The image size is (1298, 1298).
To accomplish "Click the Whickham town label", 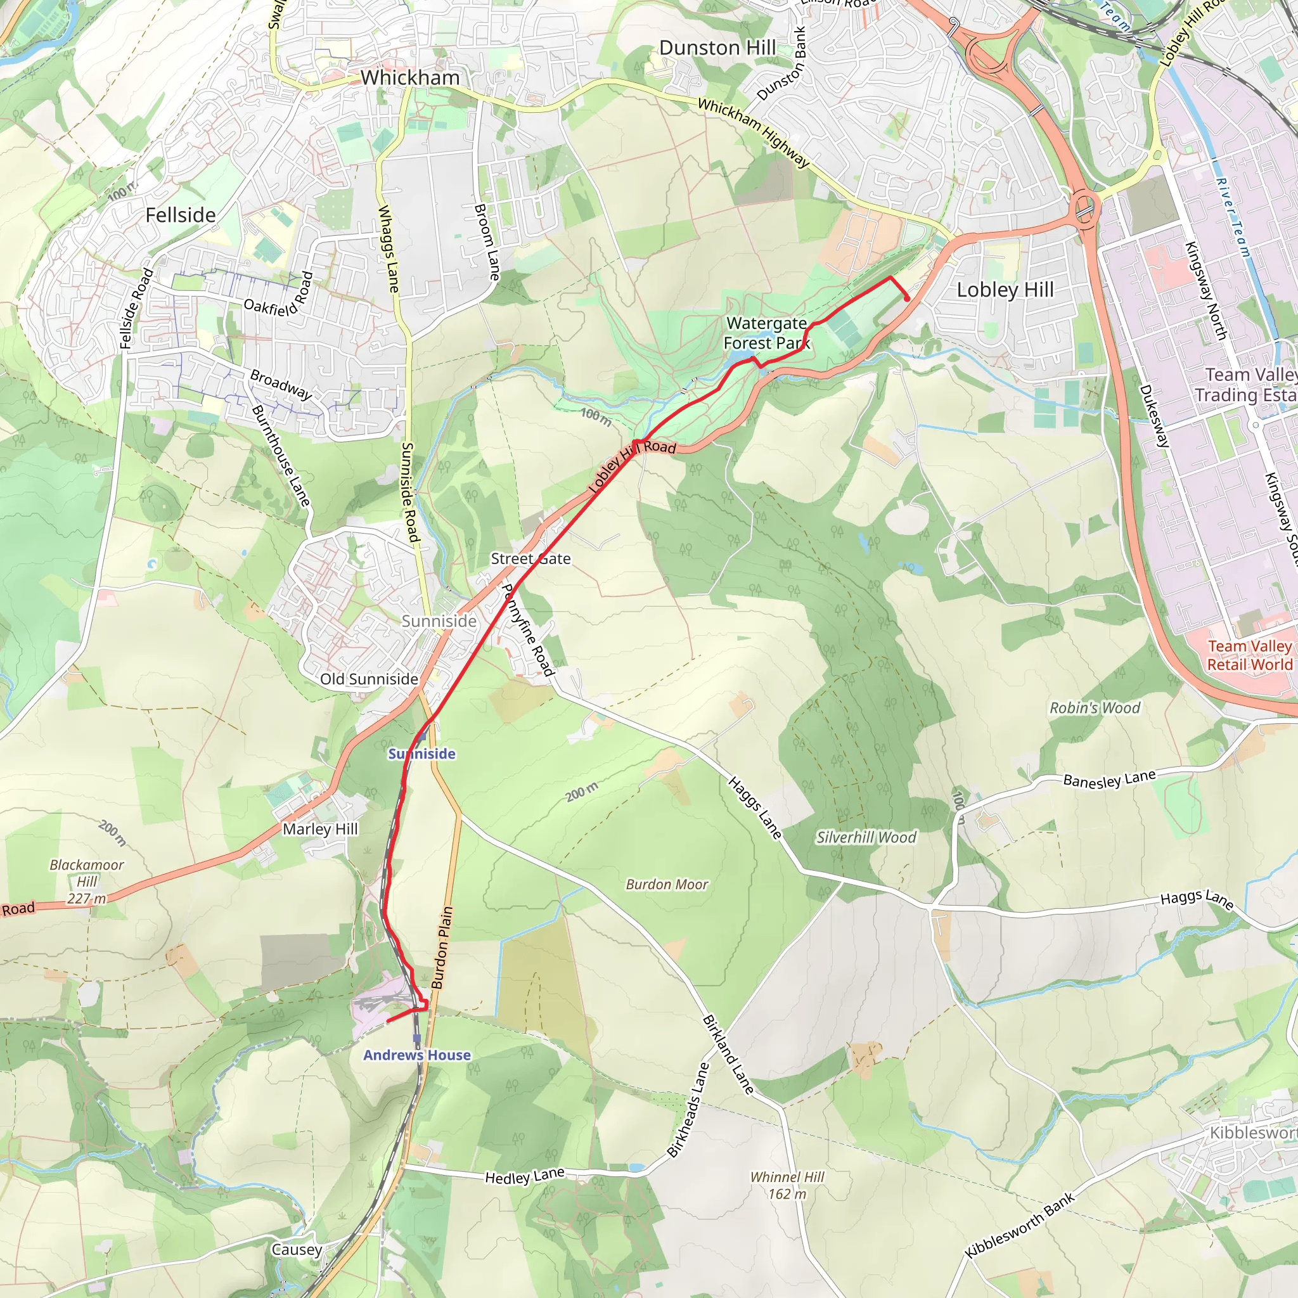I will point(410,78).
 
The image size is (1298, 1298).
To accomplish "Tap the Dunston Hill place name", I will point(717,48).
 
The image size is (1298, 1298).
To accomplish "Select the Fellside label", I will point(181,215).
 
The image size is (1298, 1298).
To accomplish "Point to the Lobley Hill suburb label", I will point(1005,290).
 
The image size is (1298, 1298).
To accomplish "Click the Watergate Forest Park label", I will point(767,333).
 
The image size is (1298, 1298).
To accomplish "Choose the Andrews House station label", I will point(416,1055).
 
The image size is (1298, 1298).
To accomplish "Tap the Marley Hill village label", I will point(320,829).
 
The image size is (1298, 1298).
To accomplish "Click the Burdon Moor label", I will point(667,884).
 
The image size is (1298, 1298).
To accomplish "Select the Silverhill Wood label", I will point(865,837).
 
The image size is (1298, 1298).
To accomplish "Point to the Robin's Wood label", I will point(1095,707).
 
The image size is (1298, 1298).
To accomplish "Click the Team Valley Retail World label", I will point(1249,655).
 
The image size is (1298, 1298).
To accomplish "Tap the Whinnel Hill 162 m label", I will point(787,1185).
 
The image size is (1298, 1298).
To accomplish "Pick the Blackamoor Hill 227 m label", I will point(87,882).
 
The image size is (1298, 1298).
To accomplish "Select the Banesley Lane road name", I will point(1109,778).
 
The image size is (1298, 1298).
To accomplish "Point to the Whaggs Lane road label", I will point(389,248).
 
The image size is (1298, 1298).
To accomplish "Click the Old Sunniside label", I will point(369,679).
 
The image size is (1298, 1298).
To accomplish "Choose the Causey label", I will point(296,1249).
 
